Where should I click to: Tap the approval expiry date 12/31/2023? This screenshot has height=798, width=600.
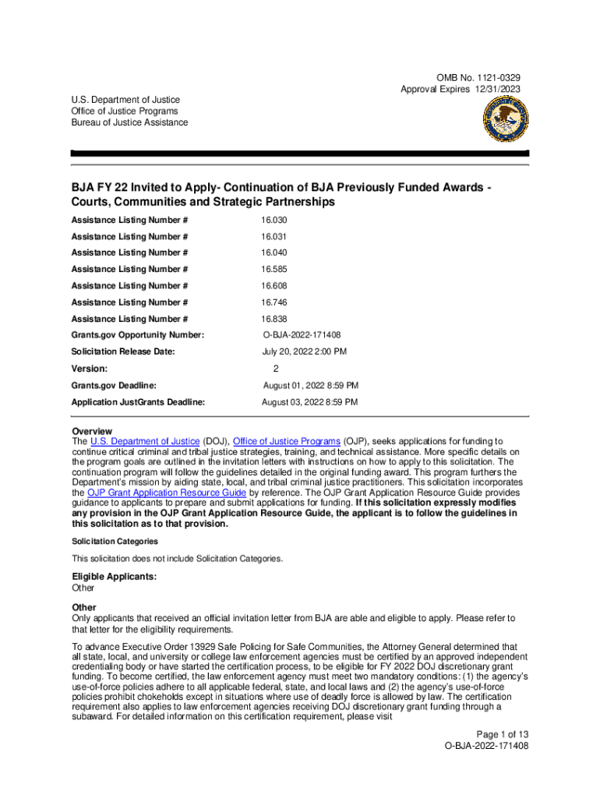coord(493,90)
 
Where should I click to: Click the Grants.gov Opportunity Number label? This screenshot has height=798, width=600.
coord(137,335)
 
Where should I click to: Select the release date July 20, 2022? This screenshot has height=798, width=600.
coord(304,352)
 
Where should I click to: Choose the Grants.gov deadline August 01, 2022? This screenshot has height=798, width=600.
coord(310,386)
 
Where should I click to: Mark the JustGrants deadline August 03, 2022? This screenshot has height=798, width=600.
coord(309,402)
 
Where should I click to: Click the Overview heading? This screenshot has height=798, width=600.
coord(92,432)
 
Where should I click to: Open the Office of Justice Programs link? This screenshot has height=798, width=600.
coord(286,442)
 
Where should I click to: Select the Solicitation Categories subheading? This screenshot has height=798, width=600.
coord(115,541)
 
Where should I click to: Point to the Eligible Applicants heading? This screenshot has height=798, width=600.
coord(114,577)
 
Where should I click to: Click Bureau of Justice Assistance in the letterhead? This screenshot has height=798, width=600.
coord(129,122)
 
